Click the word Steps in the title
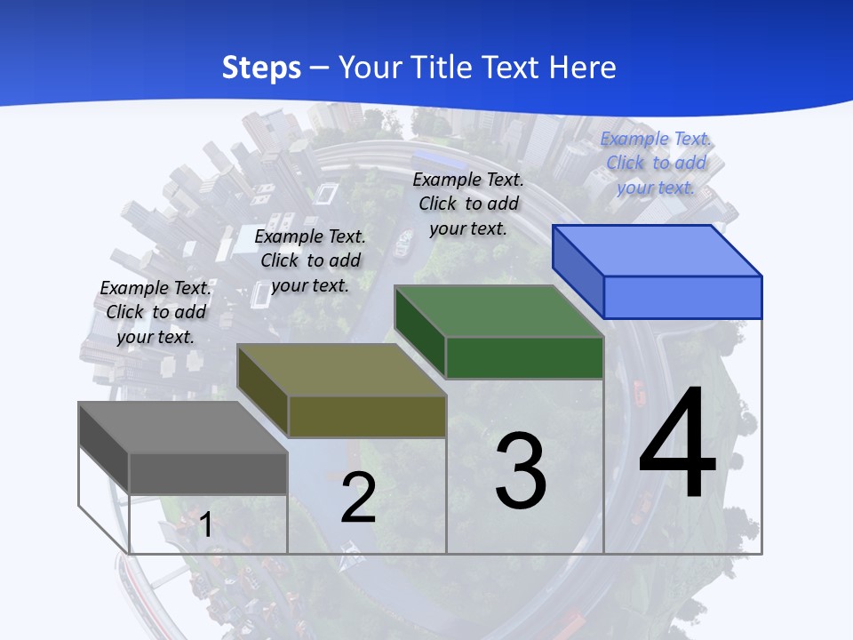tap(261, 68)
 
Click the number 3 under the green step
tap(521, 470)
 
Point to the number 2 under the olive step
tap(359, 498)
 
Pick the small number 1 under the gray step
tap(205, 524)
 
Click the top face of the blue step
tap(658, 250)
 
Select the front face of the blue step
tap(682, 297)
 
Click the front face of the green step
tap(524, 357)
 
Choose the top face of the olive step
tap(341, 370)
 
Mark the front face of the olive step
tap(367, 416)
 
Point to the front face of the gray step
tap(208, 473)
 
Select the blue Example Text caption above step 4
tap(656, 163)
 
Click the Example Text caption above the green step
tap(468, 204)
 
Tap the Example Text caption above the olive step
tap(310, 260)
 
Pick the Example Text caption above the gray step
tap(155, 312)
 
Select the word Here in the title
tap(583, 68)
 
